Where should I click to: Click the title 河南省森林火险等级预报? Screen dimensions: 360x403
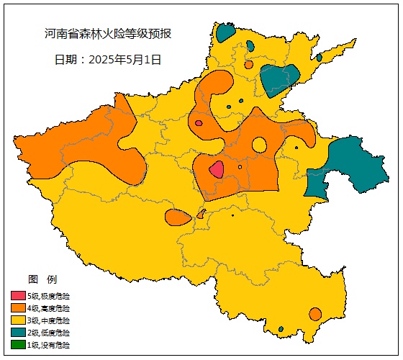pos(108,34)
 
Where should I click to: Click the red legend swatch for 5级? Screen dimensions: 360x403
pos(18,296)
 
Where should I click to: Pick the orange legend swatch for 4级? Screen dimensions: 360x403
pos(18,308)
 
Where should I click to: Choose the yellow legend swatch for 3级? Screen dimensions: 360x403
pos(18,320)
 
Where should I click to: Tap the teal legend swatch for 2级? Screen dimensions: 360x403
pos(18,333)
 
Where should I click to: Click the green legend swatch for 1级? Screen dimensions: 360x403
pos(18,345)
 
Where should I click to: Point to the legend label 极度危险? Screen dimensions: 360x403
pos(57,296)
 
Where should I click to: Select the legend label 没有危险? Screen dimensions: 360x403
pos(57,345)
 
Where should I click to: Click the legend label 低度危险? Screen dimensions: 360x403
pos(57,333)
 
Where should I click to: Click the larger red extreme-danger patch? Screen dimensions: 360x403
pos(216,170)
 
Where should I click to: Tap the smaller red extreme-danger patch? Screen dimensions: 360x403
pos(199,123)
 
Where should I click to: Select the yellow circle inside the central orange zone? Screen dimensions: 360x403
pos(260,145)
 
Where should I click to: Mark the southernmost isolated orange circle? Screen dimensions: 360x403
pos(315,314)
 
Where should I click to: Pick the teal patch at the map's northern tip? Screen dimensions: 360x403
pos(225,32)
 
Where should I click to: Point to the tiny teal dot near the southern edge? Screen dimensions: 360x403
pos(281,329)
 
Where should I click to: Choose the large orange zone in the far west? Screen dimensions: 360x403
pos(79,148)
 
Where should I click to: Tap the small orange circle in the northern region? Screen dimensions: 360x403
pos(249,64)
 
